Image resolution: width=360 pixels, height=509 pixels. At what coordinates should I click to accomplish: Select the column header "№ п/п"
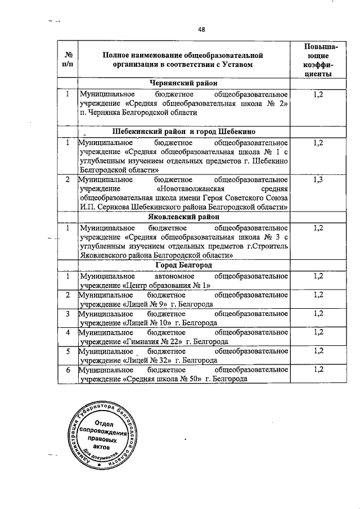(67, 60)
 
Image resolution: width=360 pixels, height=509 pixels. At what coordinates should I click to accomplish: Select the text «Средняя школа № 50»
(163, 380)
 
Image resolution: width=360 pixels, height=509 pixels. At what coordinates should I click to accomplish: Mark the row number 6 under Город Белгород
(67, 370)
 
